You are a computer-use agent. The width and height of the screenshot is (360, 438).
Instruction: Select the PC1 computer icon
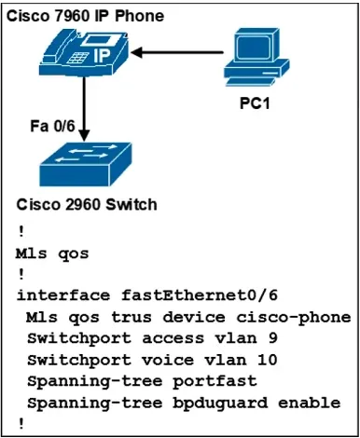(x=256, y=57)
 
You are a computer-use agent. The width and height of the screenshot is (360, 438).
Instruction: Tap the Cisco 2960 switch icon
(x=86, y=164)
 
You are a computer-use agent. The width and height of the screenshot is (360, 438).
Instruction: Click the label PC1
(x=255, y=103)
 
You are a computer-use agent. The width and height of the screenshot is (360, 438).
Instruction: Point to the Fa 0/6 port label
(x=52, y=126)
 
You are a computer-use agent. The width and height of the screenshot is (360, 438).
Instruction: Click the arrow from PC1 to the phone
(x=177, y=52)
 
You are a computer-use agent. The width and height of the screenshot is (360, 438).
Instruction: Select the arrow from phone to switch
(x=84, y=109)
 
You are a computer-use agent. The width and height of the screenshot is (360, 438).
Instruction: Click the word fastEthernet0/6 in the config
(x=200, y=294)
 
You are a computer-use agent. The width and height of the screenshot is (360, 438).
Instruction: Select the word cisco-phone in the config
(x=294, y=318)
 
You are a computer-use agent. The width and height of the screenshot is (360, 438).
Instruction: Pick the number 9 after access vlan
(x=272, y=338)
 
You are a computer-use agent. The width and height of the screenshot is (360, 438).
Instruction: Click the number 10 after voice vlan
(x=267, y=360)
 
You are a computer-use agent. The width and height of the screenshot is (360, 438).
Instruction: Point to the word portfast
(x=215, y=381)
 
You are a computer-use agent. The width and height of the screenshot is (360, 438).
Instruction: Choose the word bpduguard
(x=220, y=404)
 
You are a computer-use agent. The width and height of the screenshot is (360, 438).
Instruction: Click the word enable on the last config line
(x=310, y=403)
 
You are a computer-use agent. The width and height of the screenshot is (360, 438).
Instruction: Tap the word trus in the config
(x=132, y=317)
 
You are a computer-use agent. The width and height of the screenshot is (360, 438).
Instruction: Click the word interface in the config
(x=63, y=294)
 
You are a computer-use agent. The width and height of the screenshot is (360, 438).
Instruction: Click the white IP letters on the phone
(x=102, y=56)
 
